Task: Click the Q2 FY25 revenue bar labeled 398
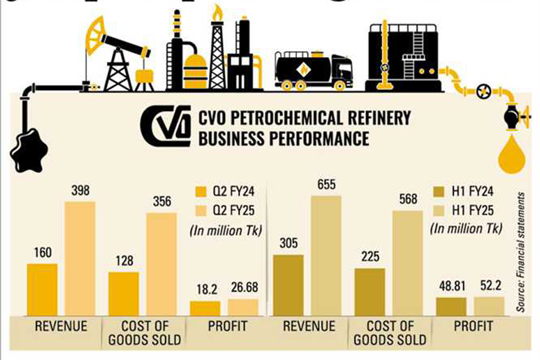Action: click(80, 258)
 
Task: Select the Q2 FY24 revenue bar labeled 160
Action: click(42, 289)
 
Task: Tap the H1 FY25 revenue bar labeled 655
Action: click(326, 256)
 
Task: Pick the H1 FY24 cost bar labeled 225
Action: click(370, 292)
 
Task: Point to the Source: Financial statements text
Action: click(521, 251)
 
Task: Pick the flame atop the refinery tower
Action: click(217, 12)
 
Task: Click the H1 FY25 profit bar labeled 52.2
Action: click(489, 306)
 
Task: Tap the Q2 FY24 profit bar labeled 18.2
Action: click(205, 308)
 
